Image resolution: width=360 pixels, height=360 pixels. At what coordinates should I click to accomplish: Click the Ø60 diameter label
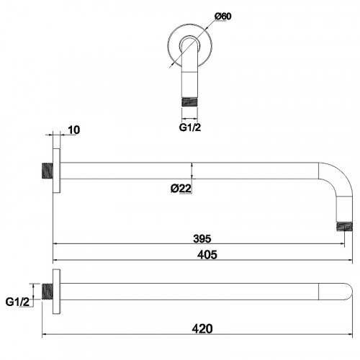point(223,17)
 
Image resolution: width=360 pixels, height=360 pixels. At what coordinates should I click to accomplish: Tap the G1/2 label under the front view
point(189,127)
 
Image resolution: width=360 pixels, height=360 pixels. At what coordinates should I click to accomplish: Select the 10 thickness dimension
point(73,130)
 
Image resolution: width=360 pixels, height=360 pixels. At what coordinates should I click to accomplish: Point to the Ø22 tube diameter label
point(181,189)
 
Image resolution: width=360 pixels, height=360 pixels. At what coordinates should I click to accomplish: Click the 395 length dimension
point(202,238)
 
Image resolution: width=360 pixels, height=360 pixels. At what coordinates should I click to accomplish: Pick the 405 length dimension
point(207,255)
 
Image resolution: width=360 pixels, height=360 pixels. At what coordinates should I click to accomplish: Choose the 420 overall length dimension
point(202,328)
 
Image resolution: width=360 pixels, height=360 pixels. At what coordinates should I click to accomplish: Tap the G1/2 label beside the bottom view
point(17,302)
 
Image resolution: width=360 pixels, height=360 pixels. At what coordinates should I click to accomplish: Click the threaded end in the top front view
point(189,102)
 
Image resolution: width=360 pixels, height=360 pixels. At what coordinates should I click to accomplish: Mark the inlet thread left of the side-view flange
point(48,171)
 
